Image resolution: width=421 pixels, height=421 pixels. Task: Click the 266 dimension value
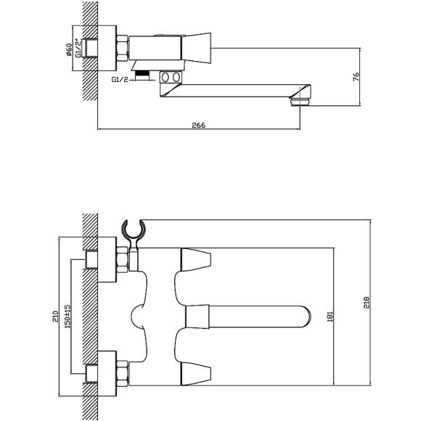(198, 125)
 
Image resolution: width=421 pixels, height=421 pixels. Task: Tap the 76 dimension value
(356, 77)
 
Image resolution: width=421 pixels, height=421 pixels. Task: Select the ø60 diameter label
(69, 49)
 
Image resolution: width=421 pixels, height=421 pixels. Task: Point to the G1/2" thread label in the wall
(78, 49)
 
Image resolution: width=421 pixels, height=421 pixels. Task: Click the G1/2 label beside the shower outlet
(120, 79)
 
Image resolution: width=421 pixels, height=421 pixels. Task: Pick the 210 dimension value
(55, 316)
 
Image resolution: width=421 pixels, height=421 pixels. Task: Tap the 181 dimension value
(330, 316)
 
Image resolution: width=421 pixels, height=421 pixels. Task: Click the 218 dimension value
(367, 303)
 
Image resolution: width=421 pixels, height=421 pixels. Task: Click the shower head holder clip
(134, 233)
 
